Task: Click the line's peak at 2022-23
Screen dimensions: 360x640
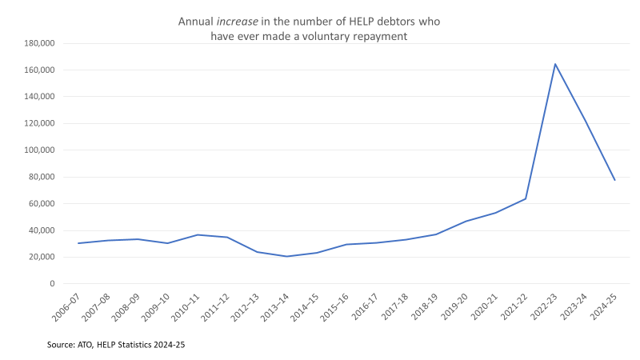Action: coord(555,64)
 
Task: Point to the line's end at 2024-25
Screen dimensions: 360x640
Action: coord(615,180)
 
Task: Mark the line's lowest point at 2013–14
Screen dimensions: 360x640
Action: coord(287,256)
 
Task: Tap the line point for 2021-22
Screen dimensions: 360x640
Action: coord(526,198)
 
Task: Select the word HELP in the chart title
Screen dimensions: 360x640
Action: coord(360,22)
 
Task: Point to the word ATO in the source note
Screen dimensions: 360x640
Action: coord(89,345)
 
